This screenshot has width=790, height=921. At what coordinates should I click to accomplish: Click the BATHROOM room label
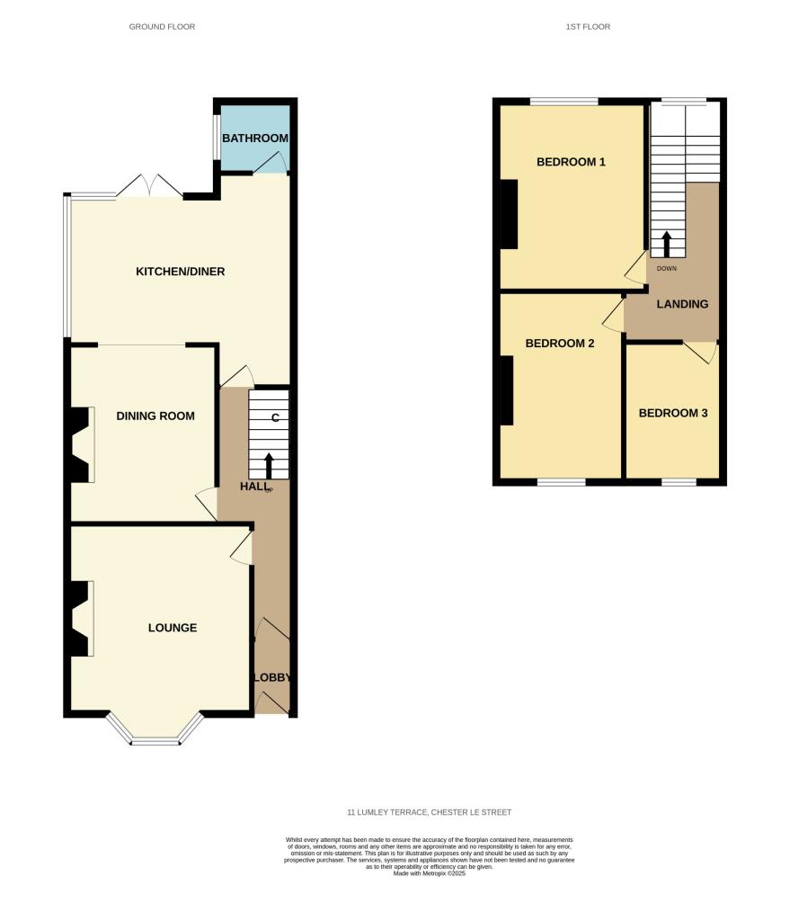[255, 139]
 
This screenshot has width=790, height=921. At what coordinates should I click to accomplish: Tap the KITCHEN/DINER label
[180, 272]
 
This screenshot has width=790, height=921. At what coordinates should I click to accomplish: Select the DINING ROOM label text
[155, 416]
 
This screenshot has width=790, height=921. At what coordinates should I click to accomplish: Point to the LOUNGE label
[173, 628]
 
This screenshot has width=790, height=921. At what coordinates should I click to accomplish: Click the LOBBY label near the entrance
[272, 677]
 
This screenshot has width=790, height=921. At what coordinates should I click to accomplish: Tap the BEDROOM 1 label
[571, 162]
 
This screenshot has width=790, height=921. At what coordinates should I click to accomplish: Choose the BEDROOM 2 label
[560, 343]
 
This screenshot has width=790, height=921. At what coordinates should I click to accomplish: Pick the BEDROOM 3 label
[673, 413]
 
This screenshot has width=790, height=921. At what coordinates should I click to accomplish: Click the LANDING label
[682, 304]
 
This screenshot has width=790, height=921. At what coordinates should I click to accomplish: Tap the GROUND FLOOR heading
[162, 27]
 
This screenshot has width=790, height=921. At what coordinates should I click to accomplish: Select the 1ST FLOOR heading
[588, 27]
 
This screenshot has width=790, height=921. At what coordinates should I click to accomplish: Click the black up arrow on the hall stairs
[269, 466]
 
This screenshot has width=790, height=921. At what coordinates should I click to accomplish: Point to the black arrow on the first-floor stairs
[667, 244]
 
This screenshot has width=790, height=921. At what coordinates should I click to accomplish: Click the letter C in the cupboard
[274, 417]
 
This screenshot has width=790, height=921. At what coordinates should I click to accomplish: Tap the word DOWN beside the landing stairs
[667, 268]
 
